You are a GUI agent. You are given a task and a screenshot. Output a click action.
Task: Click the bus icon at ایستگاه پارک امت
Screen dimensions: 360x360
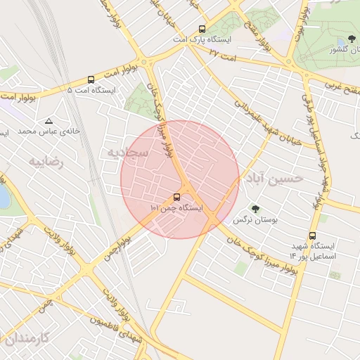(202, 30)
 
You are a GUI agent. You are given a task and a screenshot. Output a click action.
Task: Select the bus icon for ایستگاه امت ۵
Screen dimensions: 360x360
(91, 80)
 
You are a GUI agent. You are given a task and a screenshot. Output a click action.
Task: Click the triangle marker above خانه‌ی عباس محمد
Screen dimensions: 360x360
(48, 121)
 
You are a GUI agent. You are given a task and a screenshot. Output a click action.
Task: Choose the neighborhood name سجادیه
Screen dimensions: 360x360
(127, 151)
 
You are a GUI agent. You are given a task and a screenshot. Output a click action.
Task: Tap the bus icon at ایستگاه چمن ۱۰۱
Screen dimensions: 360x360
(176, 198)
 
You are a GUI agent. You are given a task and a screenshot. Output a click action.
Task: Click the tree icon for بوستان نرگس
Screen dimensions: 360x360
(255, 209)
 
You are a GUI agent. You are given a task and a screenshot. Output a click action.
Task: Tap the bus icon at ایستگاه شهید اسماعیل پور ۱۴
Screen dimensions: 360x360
(312, 236)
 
